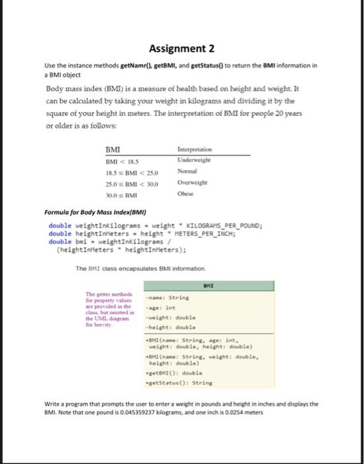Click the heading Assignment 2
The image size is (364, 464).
[181, 48]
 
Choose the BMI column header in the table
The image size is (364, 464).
[113, 150]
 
